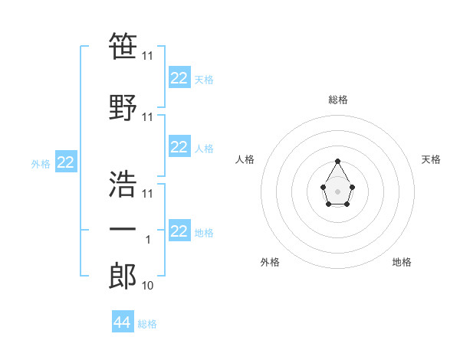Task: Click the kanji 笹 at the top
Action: coord(123,47)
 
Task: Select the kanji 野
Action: coord(123,108)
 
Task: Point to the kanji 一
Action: coord(123,229)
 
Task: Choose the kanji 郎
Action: coord(123,277)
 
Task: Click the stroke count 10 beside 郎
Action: coord(147,286)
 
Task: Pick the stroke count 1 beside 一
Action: coord(148,240)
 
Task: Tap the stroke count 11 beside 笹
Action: coord(147,57)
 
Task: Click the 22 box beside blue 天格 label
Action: coord(179,78)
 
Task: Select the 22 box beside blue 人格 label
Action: coord(179,147)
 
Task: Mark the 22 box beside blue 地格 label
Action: coord(179,232)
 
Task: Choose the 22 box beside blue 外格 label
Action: coord(66,163)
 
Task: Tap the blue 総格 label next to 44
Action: coord(147,324)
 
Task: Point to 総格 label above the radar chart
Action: coord(338,100)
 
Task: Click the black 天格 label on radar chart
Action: coord(431,159)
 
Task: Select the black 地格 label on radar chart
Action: coord(402,262)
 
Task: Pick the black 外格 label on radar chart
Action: coord(270,262)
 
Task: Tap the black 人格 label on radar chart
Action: coord(245,159)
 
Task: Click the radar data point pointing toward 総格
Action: coord(338,161)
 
